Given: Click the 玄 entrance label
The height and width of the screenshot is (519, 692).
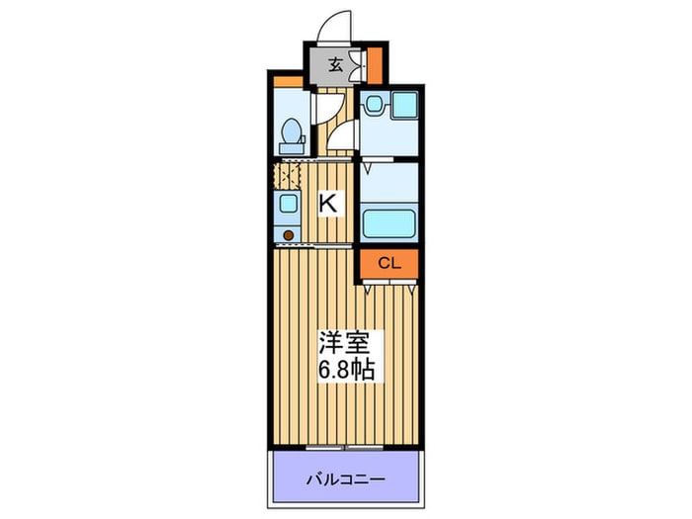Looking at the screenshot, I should (336, 66).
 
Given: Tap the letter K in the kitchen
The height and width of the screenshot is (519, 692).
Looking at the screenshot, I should (328, 205).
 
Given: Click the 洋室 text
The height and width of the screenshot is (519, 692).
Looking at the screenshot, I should (342, 345).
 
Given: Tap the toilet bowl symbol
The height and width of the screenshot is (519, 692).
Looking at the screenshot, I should (293, 131).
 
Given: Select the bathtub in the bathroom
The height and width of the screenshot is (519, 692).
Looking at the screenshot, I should (389, 222).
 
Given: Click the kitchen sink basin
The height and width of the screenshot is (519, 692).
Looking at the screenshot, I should (287, 204).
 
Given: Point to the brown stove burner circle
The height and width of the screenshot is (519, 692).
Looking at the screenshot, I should (288, 234).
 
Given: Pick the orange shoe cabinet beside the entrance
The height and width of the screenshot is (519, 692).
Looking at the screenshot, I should (376, 65).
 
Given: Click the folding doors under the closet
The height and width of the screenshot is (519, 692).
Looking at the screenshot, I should (389, 285).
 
